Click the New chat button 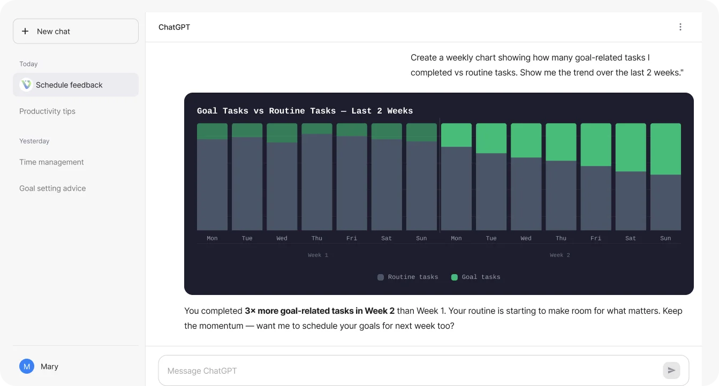point(75,32)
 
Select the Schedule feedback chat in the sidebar point(75,85)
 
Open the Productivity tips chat point(48,111)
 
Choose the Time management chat point(51,162)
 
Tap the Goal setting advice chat point(52,188)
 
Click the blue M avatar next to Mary point(27,366)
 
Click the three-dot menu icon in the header point(680,27)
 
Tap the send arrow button point(671,370)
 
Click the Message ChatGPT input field point(407,370)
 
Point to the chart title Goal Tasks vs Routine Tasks point(305,111)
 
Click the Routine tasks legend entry point(408,277)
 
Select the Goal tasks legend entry point(476,277)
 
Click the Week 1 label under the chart point(318,255)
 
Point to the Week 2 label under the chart point(560,255)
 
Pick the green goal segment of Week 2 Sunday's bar point(665,149)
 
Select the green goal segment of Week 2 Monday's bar point(456,135)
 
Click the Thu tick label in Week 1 point(317,238)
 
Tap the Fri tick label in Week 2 point(596,238)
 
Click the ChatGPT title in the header point(174,27)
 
